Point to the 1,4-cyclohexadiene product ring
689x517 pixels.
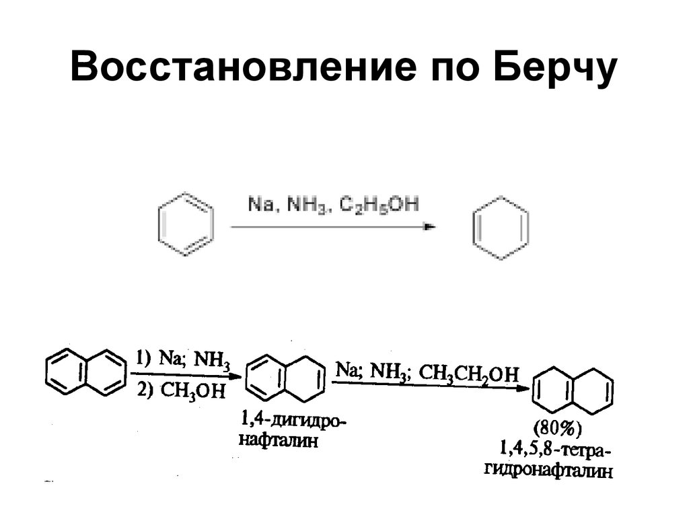point(499,226)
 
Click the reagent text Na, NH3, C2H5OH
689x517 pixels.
point(332,204)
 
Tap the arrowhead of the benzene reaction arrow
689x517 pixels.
point(430,227)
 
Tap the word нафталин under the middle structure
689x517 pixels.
point(277,443)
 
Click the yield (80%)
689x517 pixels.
point(557,429)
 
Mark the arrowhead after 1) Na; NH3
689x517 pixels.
point(235,375)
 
